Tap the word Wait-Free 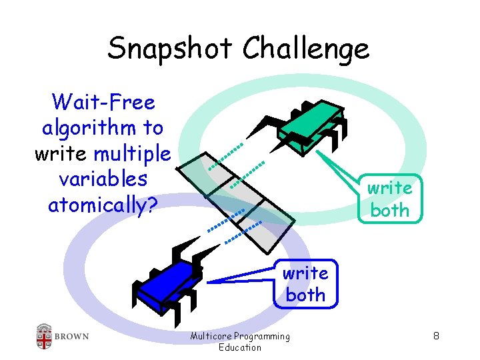point(103,102)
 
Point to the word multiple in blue point(132,153)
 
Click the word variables point(103,179)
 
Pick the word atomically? point(103,205)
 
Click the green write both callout point(390,199)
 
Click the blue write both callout point(305,283)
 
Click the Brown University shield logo point(44,336)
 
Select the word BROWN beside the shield point(72,336)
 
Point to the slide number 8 point(435,336)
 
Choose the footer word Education point(240,347)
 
